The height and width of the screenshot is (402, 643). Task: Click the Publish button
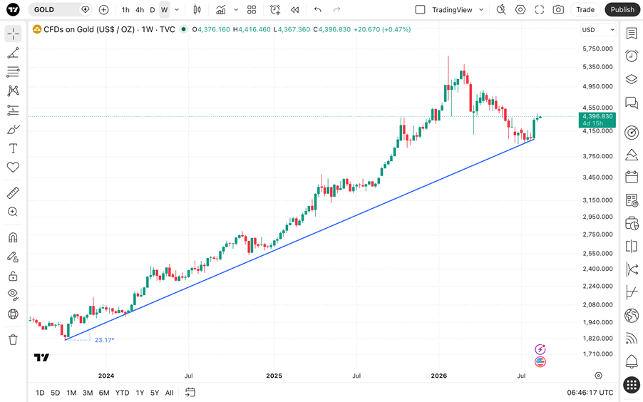tap(622, 9)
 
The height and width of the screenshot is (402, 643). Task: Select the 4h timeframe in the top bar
tap(140, 9)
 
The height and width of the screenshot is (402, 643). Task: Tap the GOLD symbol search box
tap(60, 9)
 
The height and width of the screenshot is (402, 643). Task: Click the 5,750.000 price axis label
tap(597, 48)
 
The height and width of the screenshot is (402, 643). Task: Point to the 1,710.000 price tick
tap(597, 354)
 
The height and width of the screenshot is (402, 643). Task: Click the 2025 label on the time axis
tap(274, 376)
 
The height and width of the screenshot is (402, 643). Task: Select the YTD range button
tap(122, 393)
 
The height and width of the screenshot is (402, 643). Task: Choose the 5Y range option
tap(155, 393)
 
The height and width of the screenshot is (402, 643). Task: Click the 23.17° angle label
tap(104, 340)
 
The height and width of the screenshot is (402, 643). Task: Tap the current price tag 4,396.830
tap(597, 120)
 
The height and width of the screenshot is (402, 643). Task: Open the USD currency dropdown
tap(598, 30)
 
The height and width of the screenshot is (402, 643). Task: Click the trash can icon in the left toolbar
tap(13, 340)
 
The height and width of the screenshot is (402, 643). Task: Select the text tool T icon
tap(13, 148)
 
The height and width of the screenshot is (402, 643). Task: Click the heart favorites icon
tap(13, 167)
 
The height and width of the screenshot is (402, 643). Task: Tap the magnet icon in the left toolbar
tap(13, 237)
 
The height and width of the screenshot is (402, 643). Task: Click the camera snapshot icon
tap(557, 9)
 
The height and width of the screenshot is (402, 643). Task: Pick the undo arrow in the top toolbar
tap(317, 9)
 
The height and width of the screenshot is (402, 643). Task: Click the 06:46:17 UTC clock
tap(590, 393)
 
